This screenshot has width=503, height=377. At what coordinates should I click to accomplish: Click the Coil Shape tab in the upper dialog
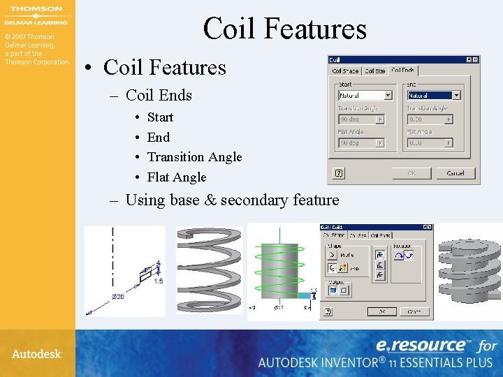tap(345, 71)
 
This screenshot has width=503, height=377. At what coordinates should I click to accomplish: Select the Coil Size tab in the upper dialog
tap(375, 71)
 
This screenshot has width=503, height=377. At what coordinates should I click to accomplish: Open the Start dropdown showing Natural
tap(365, 95)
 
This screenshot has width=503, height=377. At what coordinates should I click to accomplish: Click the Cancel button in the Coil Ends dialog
tap(455, 172)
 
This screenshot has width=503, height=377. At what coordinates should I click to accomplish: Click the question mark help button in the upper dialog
tap(339, 172)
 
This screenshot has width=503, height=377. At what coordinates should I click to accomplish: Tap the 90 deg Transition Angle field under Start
tap(361, 119)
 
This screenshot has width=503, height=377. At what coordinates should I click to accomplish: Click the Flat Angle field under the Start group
tap(361, 142)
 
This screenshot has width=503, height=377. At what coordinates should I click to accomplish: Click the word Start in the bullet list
tap(160, 117)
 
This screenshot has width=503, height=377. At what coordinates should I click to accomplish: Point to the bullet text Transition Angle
tap(194, 157)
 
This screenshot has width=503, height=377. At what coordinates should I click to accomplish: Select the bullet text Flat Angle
tap(177, 177)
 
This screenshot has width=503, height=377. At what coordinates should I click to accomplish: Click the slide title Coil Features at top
tap(284, 29)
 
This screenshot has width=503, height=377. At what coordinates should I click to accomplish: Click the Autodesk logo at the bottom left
tap(36, 354)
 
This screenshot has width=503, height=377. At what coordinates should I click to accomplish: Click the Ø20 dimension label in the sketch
tap(118, 297)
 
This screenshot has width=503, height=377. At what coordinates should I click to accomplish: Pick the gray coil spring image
tap(208, 269)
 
